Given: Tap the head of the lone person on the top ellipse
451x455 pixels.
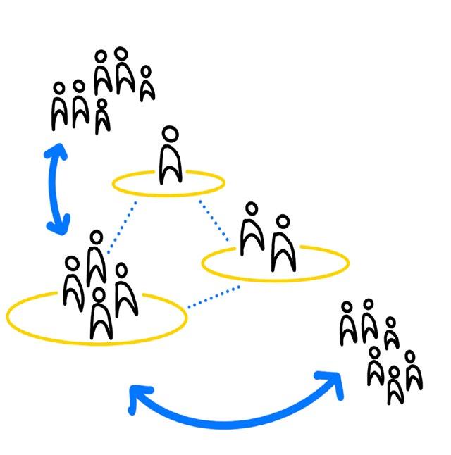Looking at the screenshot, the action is tap(170, 135).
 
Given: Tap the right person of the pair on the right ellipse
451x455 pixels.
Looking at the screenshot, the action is tap(282, 244).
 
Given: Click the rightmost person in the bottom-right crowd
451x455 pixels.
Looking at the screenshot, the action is tap(413, 370).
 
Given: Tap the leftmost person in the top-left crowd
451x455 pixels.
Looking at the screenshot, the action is tap(59, 106).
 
